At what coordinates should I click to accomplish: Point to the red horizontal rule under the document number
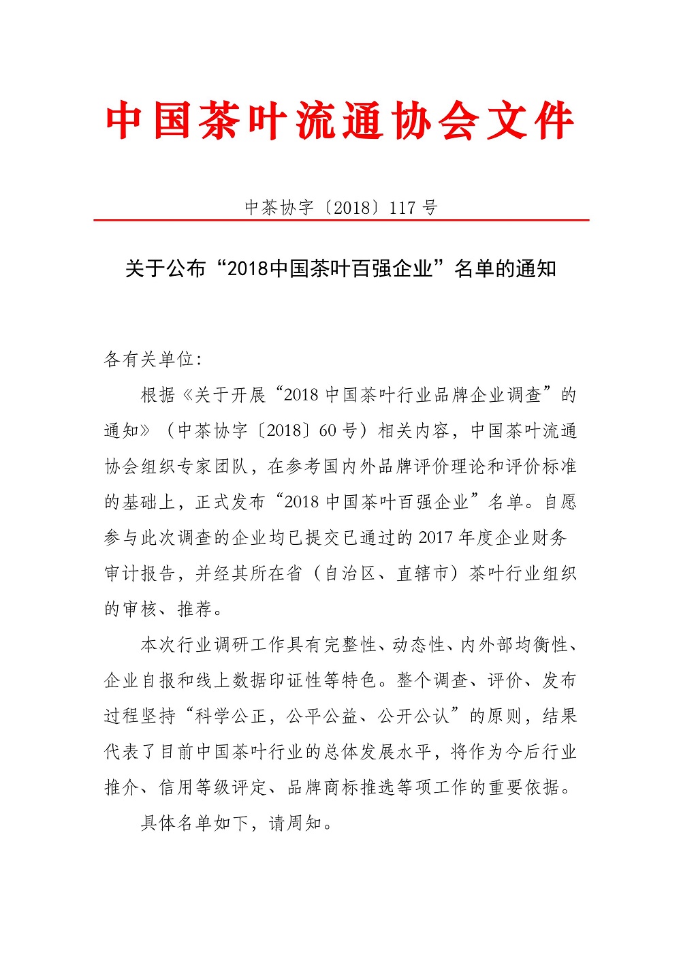pos(340,220)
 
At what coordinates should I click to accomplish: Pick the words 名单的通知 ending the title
pos(505,268)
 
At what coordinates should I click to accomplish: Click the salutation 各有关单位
pos(148,359)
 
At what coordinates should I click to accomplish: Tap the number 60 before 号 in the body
pos(328,430)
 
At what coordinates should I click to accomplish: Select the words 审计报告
pos(140,573)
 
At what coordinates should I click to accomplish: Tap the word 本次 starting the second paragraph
pos(158,644)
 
